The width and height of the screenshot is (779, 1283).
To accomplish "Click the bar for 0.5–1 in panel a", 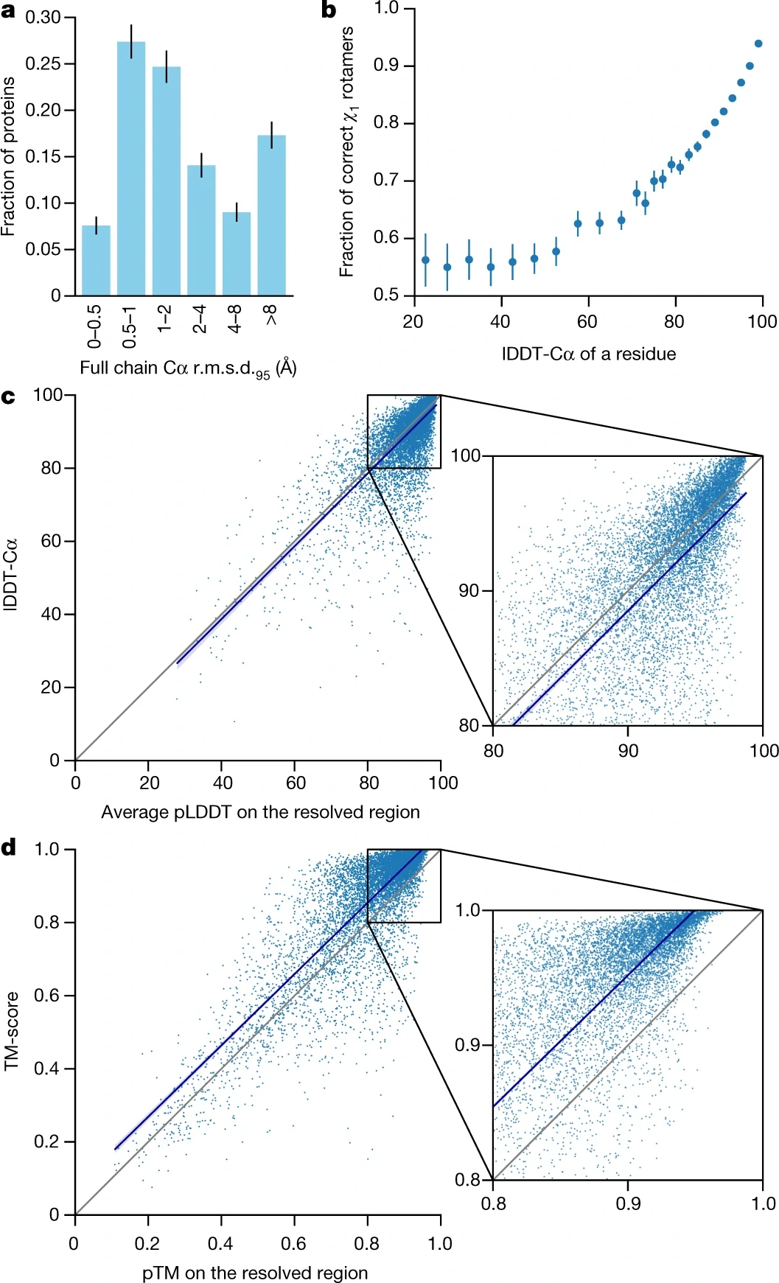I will (x=131, y=169).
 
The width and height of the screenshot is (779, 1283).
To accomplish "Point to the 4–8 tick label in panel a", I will (x=235, y=319).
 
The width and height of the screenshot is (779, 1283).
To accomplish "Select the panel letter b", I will (x=329, y=10).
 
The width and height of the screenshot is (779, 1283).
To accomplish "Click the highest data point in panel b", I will (x=758, y=43).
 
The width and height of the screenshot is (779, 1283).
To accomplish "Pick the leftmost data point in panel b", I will (x=425, y=260).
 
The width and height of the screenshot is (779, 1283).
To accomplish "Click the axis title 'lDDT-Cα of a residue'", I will (x=589, y=354).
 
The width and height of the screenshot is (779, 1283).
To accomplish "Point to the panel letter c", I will (x=8, y=397).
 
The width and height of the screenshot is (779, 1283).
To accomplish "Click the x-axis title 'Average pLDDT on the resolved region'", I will (x=260, y=812).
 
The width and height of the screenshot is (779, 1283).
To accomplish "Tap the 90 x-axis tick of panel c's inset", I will (x=628, y=751).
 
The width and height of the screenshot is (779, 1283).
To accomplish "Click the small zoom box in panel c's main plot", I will (x=404, y=431).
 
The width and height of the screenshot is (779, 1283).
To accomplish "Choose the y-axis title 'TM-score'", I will (x=11, y=1031).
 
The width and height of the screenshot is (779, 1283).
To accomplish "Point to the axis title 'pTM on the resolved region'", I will (x=255, y=1273).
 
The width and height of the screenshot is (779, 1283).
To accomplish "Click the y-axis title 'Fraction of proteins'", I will (x=9, y=156).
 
